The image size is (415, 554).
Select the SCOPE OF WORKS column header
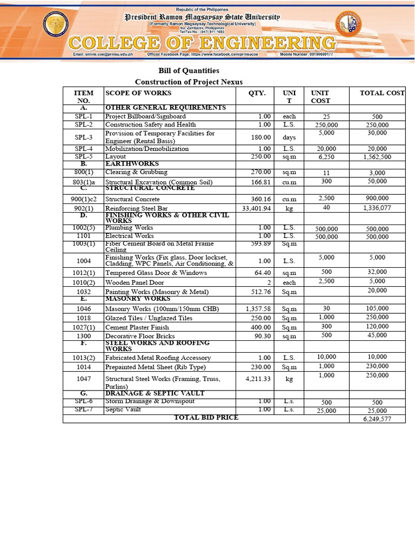pos(138,93)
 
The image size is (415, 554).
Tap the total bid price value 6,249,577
pos(377,419)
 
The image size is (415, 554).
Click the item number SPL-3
pos(84,137)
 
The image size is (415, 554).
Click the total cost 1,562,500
pos(377,157)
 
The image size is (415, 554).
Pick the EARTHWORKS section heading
pos(132,163)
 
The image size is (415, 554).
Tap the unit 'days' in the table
pos(289,137)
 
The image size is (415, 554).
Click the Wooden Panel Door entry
pos(134,282)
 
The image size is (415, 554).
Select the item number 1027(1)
pos(84,327)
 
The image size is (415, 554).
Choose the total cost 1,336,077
pos(377,207)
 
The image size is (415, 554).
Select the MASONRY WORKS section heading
pos(137,299)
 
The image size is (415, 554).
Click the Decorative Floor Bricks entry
pos(140,336)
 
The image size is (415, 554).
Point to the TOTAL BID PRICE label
pos(205,417)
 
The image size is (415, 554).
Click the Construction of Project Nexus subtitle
pos(189,82)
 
